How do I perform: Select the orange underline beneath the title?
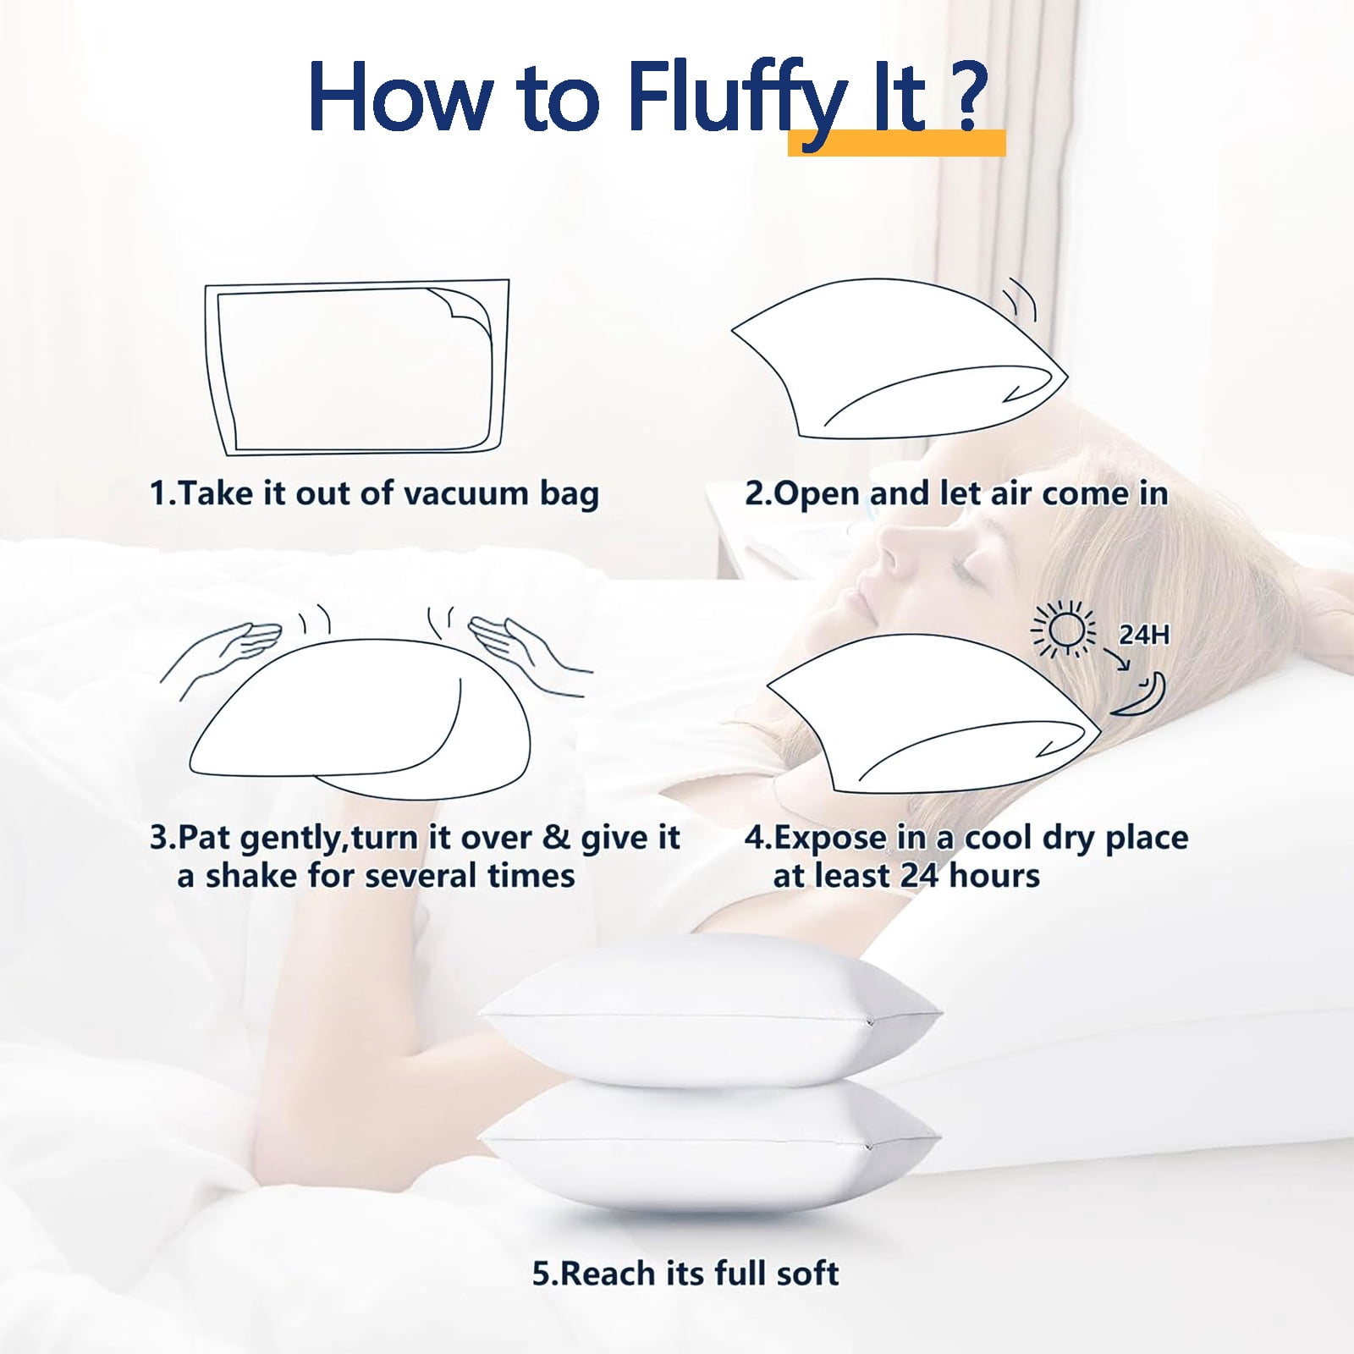(x=897, y=143)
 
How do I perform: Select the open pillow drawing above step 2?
(x=900, y=360)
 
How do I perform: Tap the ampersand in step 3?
(x=556, y=837)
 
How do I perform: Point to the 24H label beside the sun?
(x=1144, y=635)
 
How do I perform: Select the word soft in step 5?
(x=807, y=1273)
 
